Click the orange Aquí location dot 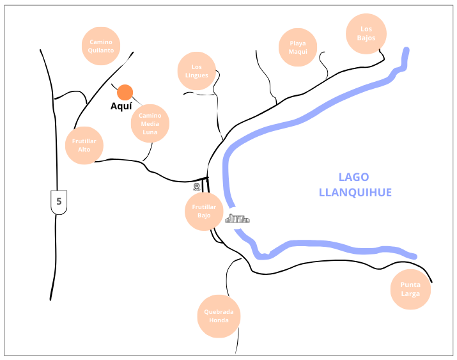(x=125, y=92)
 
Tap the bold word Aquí (x=121, y=107)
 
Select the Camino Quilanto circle (x=101, y=46)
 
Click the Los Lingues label (x=196, y=71)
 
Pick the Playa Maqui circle (x=298, y=47)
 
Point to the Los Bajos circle (x=366, y=33)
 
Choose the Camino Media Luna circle (x=150, y=123)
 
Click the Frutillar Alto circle (x=84, y=145)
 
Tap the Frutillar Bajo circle (x=204, y=212)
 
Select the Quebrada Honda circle (x=219, y=317)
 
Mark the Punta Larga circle (x=410, y=290)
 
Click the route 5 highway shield (x=59, y=202)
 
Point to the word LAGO (x=353, y=177)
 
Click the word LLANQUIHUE (x=355, y=192)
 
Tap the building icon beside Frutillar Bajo (x=237, y=219)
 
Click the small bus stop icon (x=196, y=187)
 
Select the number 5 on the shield (x=59, y=201)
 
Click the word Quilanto (x=101, y=50)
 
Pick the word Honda (x=219, y=320)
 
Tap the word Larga (x=410, y=293)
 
